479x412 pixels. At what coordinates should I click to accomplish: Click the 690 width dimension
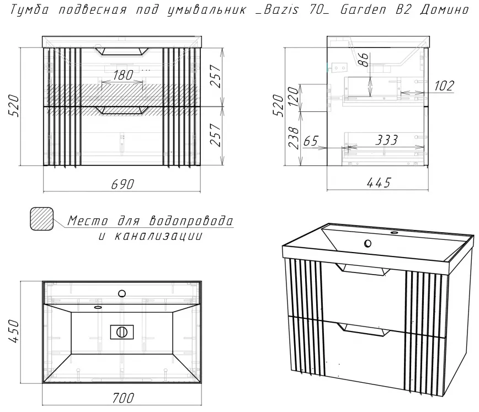122,184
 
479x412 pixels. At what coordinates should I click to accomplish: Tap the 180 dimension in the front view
123,75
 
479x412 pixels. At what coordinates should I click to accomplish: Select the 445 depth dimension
379,183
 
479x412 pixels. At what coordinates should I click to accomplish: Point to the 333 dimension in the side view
386,140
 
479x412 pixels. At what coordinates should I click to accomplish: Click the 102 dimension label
444,86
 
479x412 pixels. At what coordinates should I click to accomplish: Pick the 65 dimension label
311,141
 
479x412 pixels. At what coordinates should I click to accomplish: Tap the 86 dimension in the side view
364,60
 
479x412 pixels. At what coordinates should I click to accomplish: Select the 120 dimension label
293,97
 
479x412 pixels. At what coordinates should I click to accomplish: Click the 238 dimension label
293,138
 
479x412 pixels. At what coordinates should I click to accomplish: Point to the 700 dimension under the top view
123,398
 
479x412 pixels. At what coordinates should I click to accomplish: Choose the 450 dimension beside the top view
14,331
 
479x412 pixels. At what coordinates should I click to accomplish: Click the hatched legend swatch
41,218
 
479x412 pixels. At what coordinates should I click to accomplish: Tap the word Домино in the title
444,10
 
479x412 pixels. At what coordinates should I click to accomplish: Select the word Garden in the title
363,10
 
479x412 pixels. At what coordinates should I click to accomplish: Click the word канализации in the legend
158,236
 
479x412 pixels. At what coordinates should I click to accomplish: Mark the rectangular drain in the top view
122,331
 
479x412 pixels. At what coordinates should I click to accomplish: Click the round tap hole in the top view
122,294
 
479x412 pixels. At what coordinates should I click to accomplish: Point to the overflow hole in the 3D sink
368,243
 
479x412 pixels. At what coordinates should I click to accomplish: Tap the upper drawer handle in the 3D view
363,270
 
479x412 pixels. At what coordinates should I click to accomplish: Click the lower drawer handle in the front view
122,110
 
